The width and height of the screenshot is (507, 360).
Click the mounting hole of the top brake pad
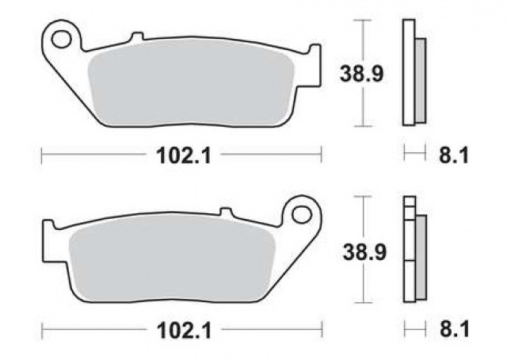(59, 36)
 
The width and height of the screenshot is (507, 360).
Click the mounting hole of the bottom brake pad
(302, 213)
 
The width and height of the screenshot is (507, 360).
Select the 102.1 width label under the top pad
(181, 156)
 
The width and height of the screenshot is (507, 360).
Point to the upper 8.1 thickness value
(452, 156)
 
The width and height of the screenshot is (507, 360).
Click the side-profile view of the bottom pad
(413, 251)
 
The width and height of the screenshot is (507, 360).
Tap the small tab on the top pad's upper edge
(135, 36)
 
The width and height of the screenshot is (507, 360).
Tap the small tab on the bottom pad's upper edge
(226, 213)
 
